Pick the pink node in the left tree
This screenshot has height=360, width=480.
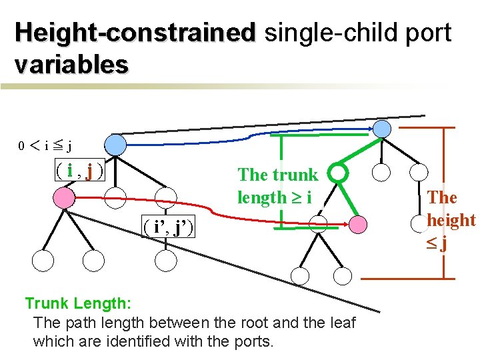click(x=63, y=197)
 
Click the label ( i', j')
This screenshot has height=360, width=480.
click(x=169, y=227)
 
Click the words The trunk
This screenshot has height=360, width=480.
click(x=277, y=175)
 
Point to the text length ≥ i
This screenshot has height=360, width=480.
click(x=274, y=197)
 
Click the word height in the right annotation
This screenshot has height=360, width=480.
click(x=451, y=220)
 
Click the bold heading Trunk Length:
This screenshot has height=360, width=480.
click(x=78, y=303)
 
